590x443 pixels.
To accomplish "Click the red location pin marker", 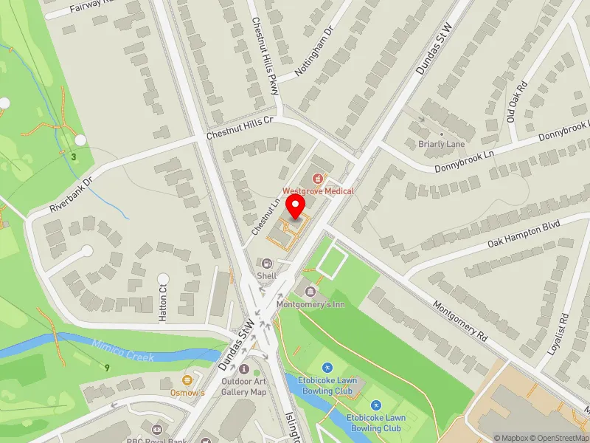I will pos(296,207).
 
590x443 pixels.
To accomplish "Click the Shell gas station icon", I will pos(266,264).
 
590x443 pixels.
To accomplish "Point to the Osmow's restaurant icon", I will pos(187,380).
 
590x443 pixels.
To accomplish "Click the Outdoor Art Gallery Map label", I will pos(243,386).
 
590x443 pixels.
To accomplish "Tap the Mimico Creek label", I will pos(124,348).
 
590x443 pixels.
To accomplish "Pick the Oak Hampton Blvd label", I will pos(525,233).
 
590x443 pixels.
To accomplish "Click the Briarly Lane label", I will pos(442,144).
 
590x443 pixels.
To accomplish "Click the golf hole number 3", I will pos(74,157).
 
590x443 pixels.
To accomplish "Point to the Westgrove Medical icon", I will pos(318,178).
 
